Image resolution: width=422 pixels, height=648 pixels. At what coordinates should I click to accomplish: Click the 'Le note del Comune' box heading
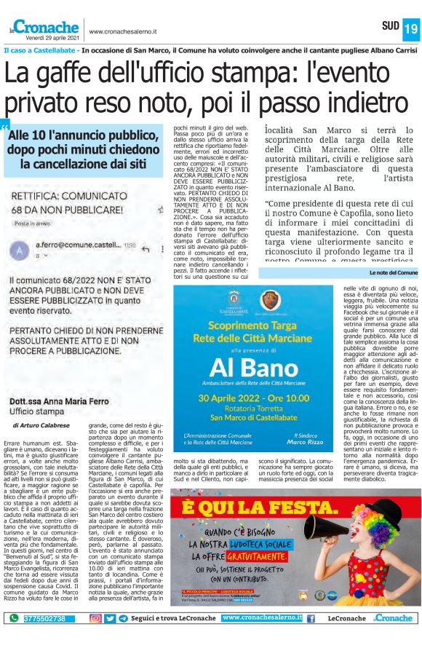point(394,272)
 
